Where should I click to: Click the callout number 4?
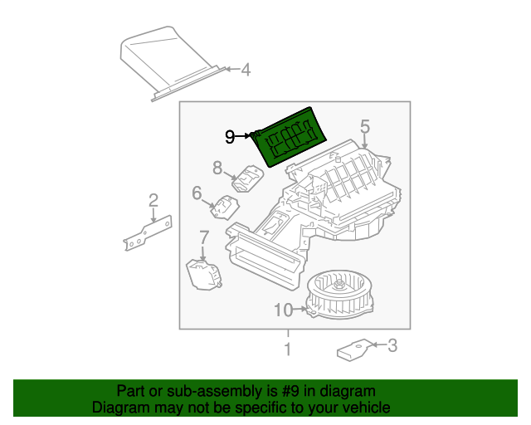click(x=245, y=71)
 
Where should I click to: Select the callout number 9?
click(x=230, y=137)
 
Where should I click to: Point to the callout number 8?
click(x=217, y=168)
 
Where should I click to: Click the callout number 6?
click(x=197, y=193)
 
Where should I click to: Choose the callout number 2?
click(x=153, y=199)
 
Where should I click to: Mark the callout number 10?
click(x=282, y=310)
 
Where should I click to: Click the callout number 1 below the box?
click(x=287, y=349)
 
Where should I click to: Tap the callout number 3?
click(x=392, y=345)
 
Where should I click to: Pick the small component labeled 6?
click(x=223, y=207)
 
